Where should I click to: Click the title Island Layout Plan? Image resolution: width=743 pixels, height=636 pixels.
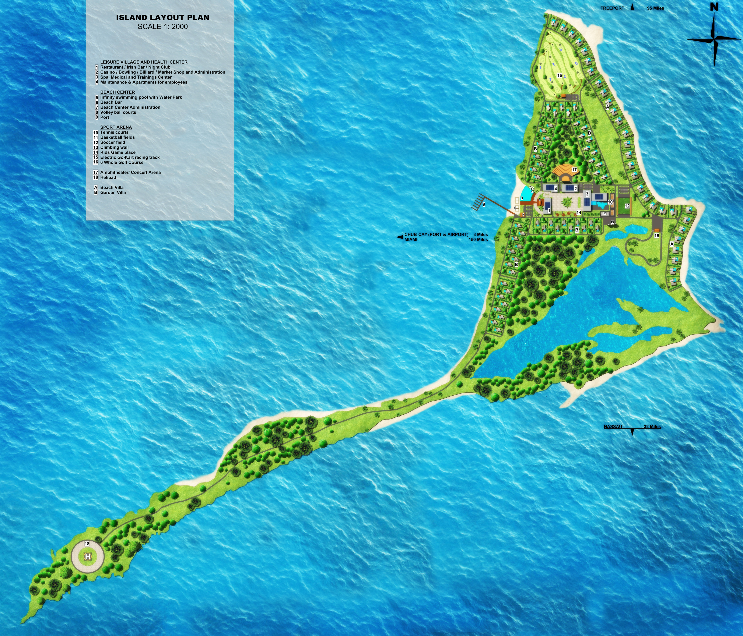click(x=162, y=18)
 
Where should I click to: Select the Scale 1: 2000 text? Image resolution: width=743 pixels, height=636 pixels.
click(x=162, y=26)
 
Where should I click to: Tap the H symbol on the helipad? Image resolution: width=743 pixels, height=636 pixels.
click(x=88, y=556)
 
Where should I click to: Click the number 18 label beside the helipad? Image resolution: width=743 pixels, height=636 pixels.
click(x=87, y=544)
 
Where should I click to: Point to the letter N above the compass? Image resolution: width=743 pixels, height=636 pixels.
click(x=714, y=6)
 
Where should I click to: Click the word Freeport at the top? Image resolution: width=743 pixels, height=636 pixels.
click(x=612, y=8)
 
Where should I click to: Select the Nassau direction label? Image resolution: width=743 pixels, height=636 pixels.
click(x=613, y=427)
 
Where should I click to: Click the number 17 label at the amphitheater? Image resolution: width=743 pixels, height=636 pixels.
click(x=574, y=170)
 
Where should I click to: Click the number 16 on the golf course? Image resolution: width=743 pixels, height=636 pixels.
click(x=559, y=75)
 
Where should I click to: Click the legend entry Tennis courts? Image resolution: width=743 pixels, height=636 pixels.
click(x=114, y=132)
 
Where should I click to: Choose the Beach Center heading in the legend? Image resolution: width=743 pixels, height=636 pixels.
click(x=117, y=92)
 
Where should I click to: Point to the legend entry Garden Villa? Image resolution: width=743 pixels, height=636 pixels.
click(x=113, y=192)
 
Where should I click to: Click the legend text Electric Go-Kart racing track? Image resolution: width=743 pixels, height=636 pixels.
click(x=130, y=157)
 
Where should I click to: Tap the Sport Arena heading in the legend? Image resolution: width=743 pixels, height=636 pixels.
click(x=116, y=127)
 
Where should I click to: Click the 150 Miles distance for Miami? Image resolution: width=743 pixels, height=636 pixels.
click(x=478, y=240)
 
